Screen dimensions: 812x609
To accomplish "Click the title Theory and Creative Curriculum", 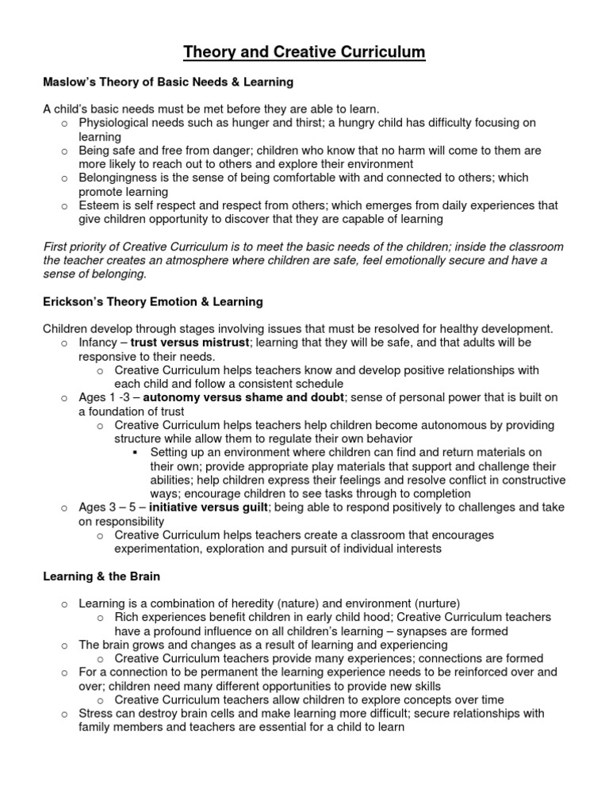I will pyautogui.click(x=304, y=52).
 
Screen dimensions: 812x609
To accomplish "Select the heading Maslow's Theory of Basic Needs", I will pyautogui.click(x=168, y=82).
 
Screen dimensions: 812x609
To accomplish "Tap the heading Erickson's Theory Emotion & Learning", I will pyautogui.click(x=152, y=301).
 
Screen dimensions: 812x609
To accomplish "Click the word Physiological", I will pyautogui.click(x=115, y=123).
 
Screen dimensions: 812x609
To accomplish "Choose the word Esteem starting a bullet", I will pyautogui.click(x=98, y=205).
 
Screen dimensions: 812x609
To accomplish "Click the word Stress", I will pyautogui.click(x=96, y=713).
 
